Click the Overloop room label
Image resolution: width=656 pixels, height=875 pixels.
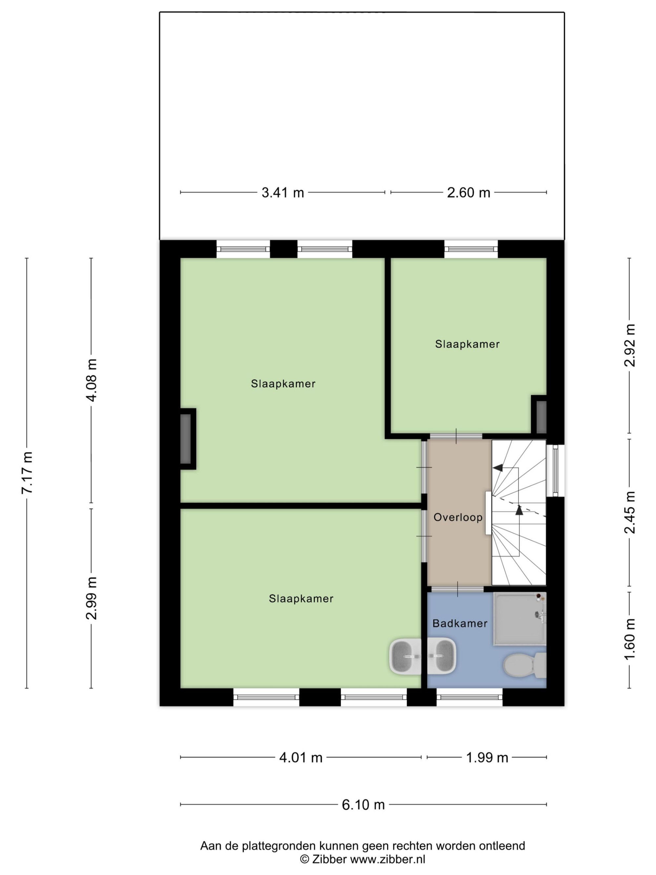[458, 517]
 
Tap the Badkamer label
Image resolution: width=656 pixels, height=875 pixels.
[460, 623]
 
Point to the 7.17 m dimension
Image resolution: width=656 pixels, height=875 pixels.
[27, 473]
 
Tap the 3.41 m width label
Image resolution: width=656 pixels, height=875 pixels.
[283, 193]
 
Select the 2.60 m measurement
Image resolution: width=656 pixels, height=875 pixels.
[469, 193]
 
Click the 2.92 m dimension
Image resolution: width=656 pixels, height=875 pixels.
[629, 345]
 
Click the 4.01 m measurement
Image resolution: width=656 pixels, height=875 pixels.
[301, 758]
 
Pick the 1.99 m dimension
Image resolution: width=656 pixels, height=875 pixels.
[487, 758]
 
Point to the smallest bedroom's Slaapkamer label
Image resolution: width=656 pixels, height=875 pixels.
[467, 344]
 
